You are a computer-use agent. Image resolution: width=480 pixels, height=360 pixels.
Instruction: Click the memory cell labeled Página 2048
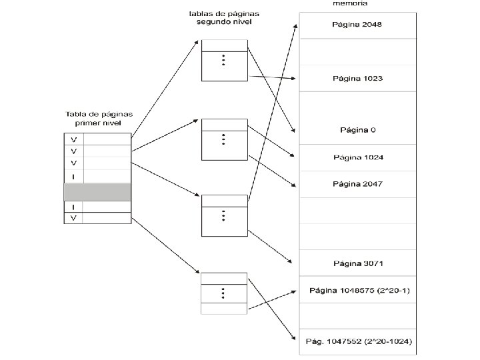pyautogui.click(x=357, y=25)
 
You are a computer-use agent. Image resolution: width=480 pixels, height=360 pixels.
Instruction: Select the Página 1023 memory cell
pyautogui.click(x=357, y=78)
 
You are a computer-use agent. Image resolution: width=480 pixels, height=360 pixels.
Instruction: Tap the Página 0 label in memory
pyautogui.click(x=358, y=129)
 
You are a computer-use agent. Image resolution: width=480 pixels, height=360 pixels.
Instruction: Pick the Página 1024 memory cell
pyautogui.click(x=358, y=157)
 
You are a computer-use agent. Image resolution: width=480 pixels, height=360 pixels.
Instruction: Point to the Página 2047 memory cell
pyautogui.click(x=358, y=183)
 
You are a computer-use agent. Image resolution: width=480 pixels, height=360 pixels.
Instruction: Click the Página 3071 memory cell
pyautogui.click(x=358, y=263)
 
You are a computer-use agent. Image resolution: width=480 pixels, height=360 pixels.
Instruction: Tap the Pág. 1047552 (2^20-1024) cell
pyautogui.click(x=358, y=341)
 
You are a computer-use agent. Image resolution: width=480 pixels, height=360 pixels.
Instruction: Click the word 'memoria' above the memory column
pyautogui.click(x=349, y=3)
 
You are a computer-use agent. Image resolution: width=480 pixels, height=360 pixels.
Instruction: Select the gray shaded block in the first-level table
pyautogui.click(x=97, y=192)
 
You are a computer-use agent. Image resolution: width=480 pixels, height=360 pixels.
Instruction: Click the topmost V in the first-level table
pyautogui.click(x=73, y=139)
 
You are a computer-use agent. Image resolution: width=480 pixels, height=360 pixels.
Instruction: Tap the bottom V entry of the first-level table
pyautogui.click(x=73, y=218)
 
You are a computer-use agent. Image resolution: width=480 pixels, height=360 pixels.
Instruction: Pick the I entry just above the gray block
pyautogui.click(x=73, y=176)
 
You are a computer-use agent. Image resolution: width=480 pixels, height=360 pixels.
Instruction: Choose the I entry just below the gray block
pyautogui.click(x=73, y=207)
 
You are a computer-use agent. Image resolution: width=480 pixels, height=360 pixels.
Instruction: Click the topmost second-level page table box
pyautogui.click(x=224, y=61)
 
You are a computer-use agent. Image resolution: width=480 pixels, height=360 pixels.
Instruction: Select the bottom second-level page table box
pyautogui.click(x=224, y=293)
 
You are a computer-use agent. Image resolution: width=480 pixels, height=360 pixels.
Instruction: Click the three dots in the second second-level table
pyautogui.click(x=224, y=139)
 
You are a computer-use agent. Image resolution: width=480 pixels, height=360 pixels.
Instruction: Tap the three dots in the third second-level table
pyautogui.click(x=224, y=216)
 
